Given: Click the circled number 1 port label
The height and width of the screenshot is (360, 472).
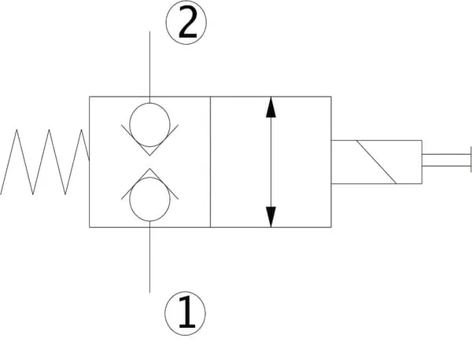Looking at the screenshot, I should pyautogui.click(x=186, y=312).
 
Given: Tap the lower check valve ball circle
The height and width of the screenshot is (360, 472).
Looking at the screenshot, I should pyautogui.click(x=149, y=200).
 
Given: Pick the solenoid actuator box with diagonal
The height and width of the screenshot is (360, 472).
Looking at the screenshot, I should pyautogui.click(x=377, y=161).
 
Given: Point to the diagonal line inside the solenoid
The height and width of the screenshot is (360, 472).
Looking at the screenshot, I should pyautogui.click(x=376, y=162).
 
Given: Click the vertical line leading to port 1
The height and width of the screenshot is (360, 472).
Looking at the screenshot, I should pyautogui.click(x=149, y=259).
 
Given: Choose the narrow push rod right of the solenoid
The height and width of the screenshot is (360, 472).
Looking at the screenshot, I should pyautogui.click(x=445, y=161).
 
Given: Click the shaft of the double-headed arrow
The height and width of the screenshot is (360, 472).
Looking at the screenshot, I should pyautogui.click(x=271, y=161).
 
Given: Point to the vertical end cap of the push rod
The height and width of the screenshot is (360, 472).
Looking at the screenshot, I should pyautogui.click(x=470, y=161).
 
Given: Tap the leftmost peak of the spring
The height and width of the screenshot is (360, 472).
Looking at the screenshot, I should pyautogui.click(x=17, y=130).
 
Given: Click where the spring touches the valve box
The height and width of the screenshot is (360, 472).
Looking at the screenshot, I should pyautogui.click(x=89, y=158).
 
